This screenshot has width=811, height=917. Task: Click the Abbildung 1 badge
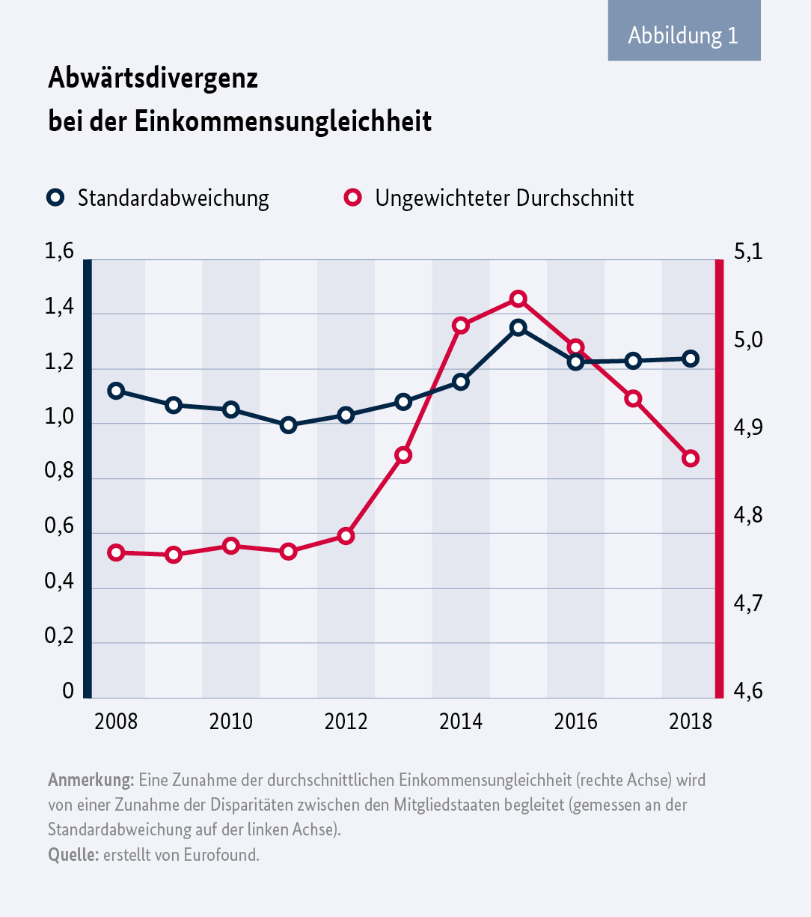coord(684,35)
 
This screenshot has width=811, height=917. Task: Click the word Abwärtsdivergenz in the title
coord(153,78)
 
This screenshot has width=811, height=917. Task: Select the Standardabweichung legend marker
coord(55,198)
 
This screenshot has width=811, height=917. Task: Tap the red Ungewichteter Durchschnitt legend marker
coord(352,198)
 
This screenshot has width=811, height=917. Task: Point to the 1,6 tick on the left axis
coord(60,252)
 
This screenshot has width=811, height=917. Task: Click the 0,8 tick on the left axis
coord(60,473)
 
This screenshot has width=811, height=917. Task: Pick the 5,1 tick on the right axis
coord(747,252)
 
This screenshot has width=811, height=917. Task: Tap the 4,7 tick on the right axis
coord(747,603)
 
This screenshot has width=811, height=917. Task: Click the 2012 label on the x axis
coord(346,722)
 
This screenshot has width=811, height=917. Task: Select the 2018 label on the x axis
coord(691,722)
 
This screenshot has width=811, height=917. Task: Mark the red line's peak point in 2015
coord(518,299)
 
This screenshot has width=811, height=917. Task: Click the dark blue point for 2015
coord(518,327)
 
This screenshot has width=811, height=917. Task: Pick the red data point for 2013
coord(403,455)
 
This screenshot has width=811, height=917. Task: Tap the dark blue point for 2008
coord(116,391)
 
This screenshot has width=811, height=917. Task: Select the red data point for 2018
coord(691,458)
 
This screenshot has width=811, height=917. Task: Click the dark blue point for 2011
coord(289,425)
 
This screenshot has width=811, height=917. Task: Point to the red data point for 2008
coord(116,552)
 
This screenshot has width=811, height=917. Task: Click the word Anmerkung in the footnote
coord(91,780)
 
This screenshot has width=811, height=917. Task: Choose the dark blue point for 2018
coord(691,359)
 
